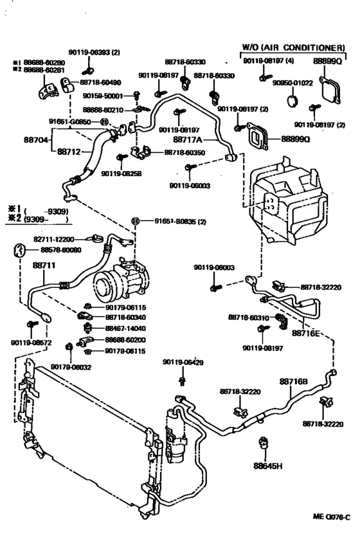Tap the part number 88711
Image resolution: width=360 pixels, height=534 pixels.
pos(26,264)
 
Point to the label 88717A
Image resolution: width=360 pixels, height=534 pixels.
pos(188,138)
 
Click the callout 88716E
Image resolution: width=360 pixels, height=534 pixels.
pos(307,334)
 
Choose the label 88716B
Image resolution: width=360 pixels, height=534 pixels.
pos(294,380)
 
